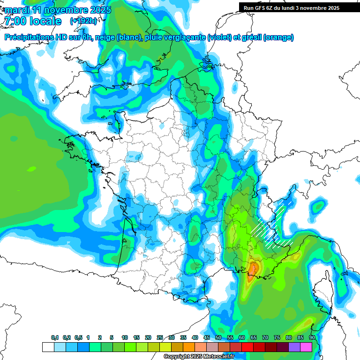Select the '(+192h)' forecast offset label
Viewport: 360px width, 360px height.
coord(83,21)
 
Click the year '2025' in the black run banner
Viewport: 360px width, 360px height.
coord(330,8)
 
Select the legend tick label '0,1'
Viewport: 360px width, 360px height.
coord(55,337)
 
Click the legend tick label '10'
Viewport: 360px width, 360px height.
coord(125,337)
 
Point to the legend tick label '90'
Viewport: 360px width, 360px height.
coord(312,337)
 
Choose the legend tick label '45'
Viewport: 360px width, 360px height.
coord(207,337)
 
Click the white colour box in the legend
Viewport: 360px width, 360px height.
coord(48,347)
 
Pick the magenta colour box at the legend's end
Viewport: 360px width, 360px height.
coord(306,347)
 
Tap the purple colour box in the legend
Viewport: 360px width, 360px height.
coord(294,347)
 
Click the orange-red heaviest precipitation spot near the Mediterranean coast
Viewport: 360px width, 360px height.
coord(254,269)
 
